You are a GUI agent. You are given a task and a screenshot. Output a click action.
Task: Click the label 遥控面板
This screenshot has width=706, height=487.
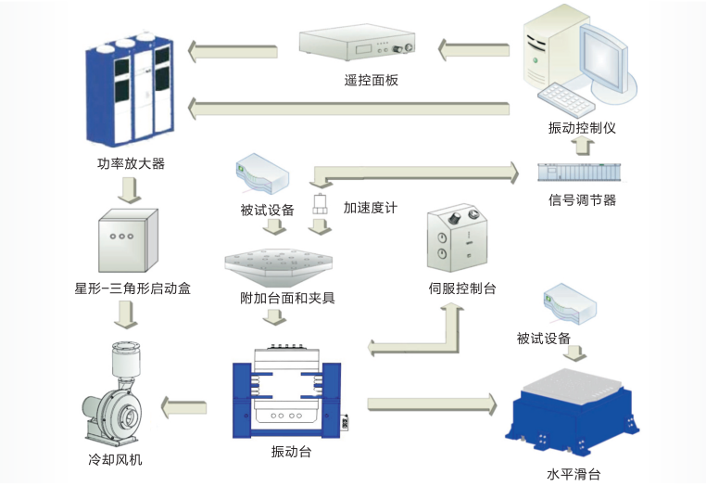371,81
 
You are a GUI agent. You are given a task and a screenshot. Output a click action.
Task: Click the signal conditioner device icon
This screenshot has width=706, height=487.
581,173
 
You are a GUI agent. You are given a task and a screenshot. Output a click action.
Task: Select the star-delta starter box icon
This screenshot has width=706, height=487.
128,240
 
